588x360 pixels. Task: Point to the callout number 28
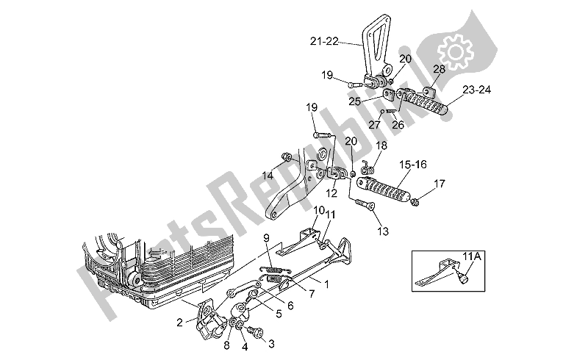[438, 69]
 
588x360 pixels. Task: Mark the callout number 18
[381, 146]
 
